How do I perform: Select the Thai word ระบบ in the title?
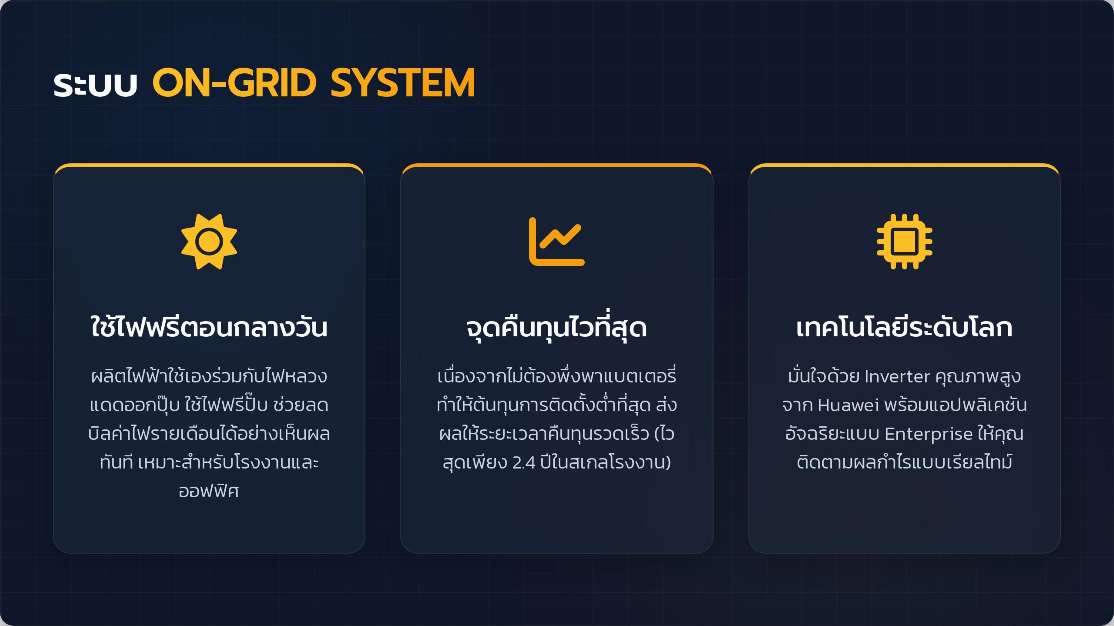(95, 85)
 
